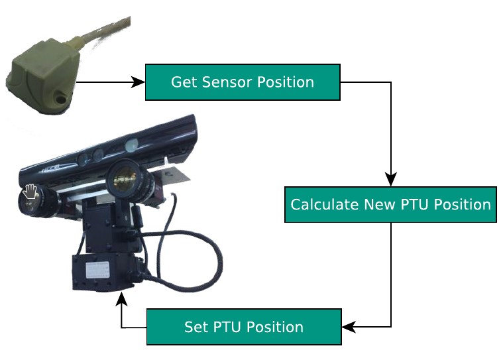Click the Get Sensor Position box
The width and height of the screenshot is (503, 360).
pos(242,82)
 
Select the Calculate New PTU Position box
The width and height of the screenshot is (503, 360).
pos(390,204)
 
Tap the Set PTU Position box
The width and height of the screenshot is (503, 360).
pos(243,327)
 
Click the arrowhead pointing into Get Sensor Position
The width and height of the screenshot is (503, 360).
pos(139,82)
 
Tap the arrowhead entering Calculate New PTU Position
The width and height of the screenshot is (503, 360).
pos(391,180)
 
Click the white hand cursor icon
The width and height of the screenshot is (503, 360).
pos(30,193)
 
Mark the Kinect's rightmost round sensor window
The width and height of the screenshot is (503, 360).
pos(131,144)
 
